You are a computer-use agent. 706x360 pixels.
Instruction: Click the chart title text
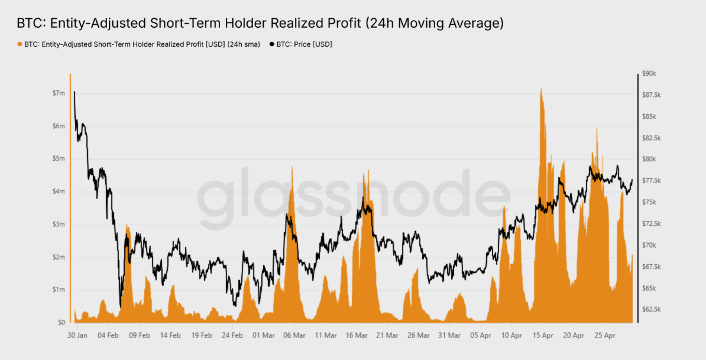(x=260, y=23)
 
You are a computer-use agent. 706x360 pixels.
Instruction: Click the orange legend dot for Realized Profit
(x=20, y=44)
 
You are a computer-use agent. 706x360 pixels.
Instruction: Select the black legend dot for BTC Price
(x=272, y=44)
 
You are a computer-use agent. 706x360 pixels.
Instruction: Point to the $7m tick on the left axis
(x=59, y=93)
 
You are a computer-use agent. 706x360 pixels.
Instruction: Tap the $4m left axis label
(x=59, y=192)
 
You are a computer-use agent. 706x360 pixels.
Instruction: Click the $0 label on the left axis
(x=61, y=323)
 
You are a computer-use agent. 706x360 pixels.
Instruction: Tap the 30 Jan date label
(x=77, y=335)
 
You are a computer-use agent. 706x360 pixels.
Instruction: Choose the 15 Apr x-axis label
(x=543, y=335)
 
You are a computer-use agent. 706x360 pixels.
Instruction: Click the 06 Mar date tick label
(x=294, y=335)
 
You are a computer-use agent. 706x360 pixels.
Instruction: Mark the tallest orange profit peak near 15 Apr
(x=540, y=88)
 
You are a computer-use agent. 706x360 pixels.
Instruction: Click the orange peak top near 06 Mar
(x=292, y=167)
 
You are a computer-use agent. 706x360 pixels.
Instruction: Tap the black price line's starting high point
(x=75, y=92)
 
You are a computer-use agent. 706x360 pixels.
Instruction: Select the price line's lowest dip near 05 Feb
(x=121, y=306)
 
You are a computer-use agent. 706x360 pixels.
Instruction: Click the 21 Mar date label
(x=387, y=335)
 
